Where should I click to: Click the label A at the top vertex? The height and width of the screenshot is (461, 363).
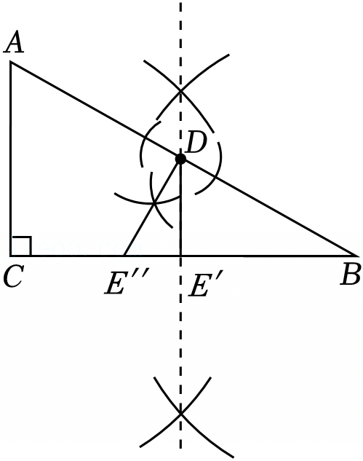13,43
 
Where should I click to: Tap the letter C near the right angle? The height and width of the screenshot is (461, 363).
13,276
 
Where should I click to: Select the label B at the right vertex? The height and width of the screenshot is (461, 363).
350,275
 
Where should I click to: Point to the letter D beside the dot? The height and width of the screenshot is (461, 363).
196,143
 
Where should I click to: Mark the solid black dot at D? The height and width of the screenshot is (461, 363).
180,159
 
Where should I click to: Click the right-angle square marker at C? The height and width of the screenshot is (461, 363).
21,245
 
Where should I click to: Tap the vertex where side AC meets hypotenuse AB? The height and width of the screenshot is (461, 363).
11,62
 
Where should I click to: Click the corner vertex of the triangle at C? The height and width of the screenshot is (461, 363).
11,256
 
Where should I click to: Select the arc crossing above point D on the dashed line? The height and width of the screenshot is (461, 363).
180,91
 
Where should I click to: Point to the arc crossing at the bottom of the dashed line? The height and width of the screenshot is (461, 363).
180,414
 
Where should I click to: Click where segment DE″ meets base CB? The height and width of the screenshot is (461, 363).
124,256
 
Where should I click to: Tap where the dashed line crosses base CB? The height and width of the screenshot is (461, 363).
180,256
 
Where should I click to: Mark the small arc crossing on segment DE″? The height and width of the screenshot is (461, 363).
154,203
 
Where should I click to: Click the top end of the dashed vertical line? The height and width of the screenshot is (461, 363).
180,2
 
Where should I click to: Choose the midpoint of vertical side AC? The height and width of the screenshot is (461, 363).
11,159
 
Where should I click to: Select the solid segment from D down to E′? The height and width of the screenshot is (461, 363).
180,208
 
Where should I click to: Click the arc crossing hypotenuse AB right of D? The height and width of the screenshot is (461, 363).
216,178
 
